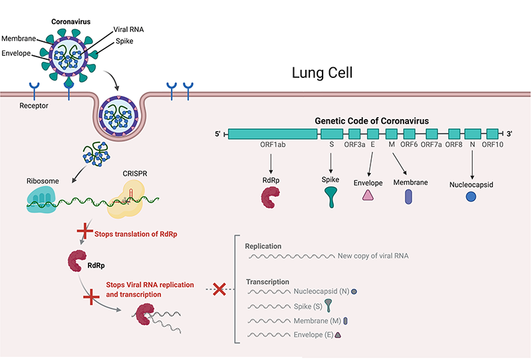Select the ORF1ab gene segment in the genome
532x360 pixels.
[x=273, y=134]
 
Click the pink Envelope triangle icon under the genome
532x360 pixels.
[x=368, y=195]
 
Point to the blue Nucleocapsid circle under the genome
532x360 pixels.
[x=471, y=196]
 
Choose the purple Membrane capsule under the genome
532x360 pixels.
[x=408, y=196]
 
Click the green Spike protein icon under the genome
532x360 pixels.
[x=331, y=196]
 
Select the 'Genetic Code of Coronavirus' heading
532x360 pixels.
[x=372, y=121]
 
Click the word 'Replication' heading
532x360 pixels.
[x=263, y=246]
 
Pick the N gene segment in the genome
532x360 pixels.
[x=472, y=134]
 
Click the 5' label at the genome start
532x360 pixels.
[x=217, y=134]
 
